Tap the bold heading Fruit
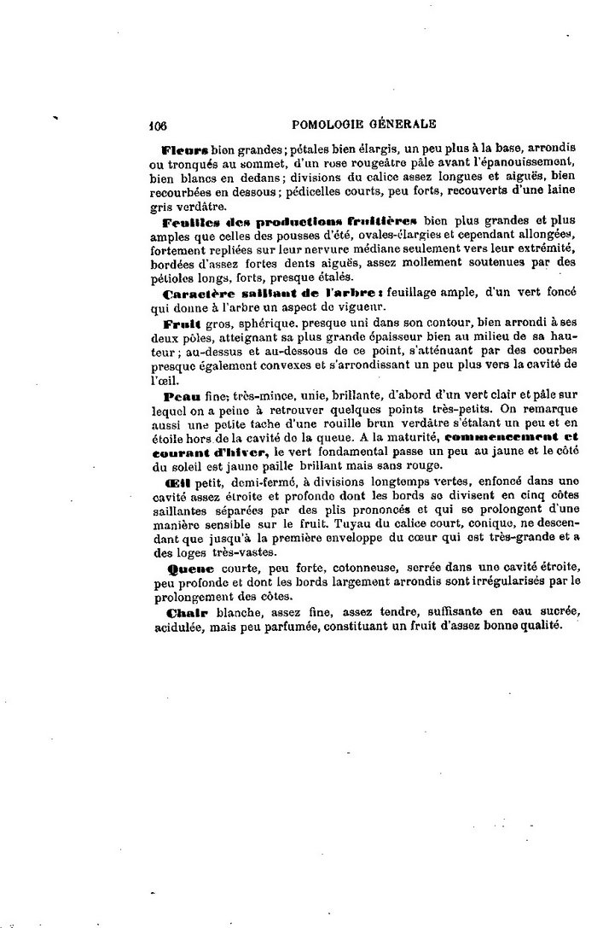[x=181, y=325]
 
